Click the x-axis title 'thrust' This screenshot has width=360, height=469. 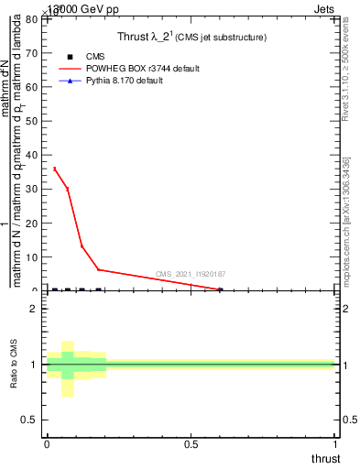click(324, 459)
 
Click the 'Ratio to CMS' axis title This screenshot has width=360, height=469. click(14, 365)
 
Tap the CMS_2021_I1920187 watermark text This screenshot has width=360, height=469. click(191, 274)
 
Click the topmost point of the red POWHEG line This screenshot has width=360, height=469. click(54, 169)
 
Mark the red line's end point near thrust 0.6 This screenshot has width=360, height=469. click(220, 289)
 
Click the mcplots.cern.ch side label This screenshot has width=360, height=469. click(347, 220)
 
